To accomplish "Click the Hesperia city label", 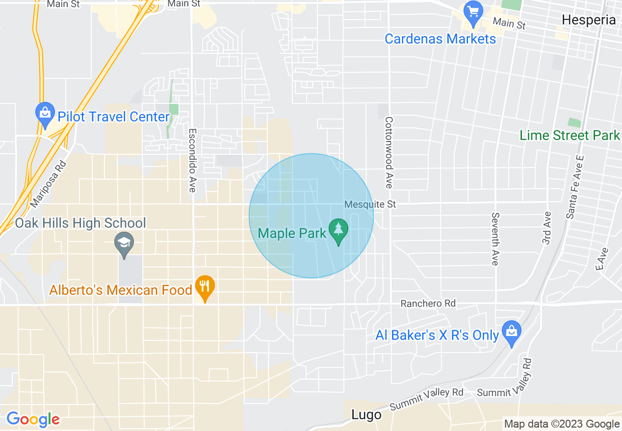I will pos(589,20).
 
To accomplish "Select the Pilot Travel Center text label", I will pos(113,117).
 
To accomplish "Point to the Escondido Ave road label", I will pos(192,160).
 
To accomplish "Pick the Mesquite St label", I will pos(370,204).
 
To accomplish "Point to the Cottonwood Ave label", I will pos(389,152).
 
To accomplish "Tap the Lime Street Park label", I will pos(570,135).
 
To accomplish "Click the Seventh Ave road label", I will pos(495,239).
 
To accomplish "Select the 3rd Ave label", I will pos(547,228).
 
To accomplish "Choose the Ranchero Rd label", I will pos(428,304).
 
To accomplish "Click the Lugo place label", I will pos(366,415).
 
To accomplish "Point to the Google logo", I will pos(33,419).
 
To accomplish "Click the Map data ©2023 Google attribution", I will pos(562,424).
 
